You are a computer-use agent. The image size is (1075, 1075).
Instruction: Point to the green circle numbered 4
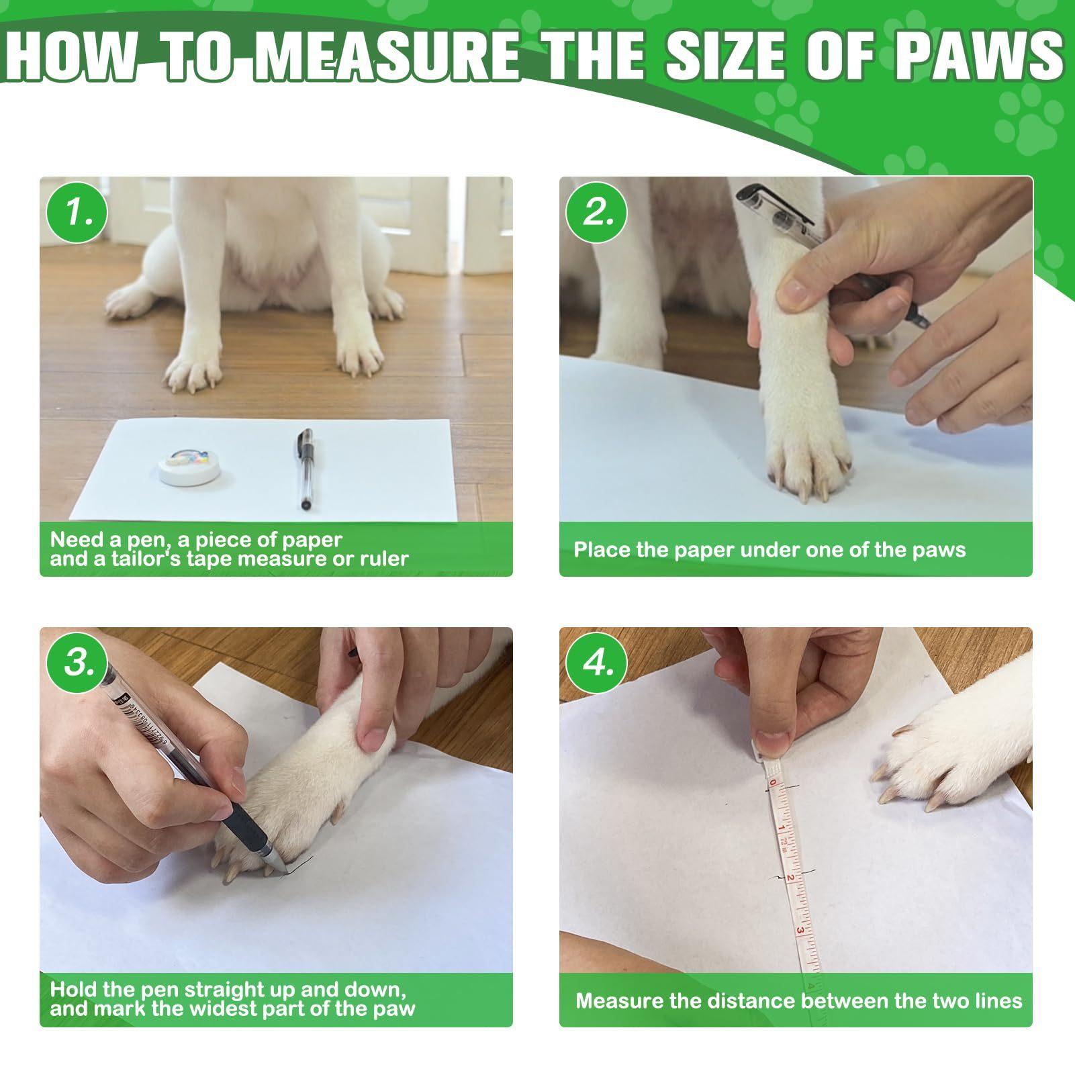[596, 663]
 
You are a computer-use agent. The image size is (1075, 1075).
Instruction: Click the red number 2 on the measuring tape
[790, 878]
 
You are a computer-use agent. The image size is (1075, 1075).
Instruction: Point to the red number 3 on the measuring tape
[800, 931]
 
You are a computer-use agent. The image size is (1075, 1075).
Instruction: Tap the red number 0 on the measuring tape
[773, 783]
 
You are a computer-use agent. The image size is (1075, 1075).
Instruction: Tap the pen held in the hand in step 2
[833, 255]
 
